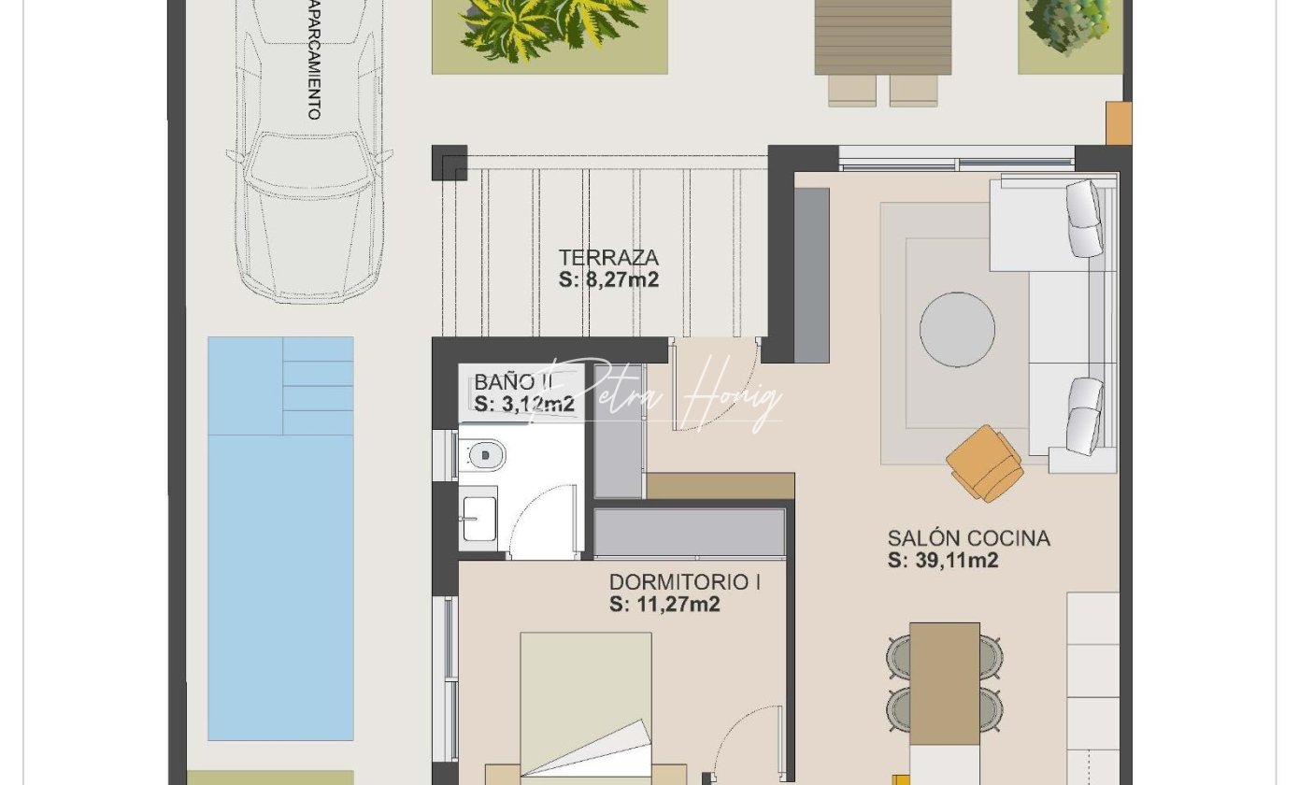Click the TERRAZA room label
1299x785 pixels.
[608, 257]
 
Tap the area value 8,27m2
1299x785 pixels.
[621, 280]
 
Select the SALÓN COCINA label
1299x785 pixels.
[968, 538]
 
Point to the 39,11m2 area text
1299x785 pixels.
[956, 561]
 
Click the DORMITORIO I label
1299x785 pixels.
[685, 582]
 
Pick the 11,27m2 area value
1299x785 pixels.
[678, 604]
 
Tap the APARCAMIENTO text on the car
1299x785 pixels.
[314, 60]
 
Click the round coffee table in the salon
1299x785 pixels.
[957, 329]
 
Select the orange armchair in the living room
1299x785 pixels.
[985, 464]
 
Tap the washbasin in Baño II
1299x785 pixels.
[478, 518]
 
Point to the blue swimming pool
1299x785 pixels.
[280, 538]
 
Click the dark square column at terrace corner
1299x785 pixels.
[450, 163]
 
